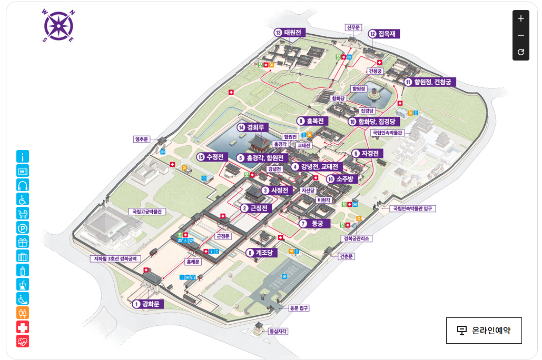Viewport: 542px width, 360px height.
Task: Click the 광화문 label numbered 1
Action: (149, 304)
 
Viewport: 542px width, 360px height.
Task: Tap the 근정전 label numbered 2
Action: (255, 208)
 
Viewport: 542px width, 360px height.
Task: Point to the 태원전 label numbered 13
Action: (289, 33)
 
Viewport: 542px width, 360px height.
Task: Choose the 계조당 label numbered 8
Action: (261, 253)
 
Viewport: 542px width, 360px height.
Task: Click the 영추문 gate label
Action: (142, 139)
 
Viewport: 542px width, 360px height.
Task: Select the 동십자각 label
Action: (278, 332)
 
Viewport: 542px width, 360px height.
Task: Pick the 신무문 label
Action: (352, 27)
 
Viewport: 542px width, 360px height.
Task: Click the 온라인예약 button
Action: (484, 331)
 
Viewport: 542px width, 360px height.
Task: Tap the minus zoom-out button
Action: (520, 35)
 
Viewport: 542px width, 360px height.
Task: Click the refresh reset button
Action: (520, 52)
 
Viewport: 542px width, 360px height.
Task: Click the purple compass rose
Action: (58, 25)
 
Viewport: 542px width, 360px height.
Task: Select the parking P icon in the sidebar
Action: (23, 228)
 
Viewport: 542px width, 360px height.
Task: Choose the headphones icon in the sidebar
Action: (23, 185)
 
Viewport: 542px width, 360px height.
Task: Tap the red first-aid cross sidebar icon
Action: (23, 327)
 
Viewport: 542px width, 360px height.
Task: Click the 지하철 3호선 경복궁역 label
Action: (115, 259)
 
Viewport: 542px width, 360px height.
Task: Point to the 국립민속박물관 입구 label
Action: (414, 208)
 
